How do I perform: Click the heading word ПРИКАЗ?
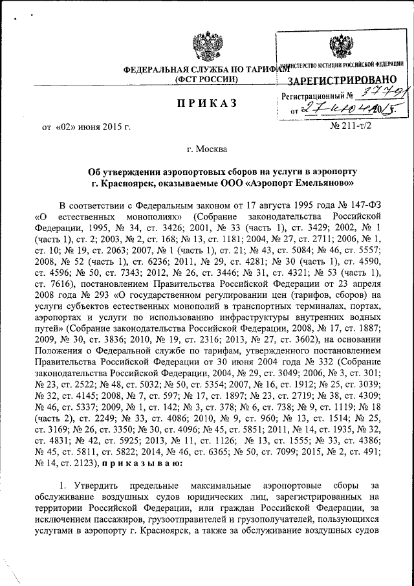click(x=207, y=104)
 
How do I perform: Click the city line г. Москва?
click(x=206, y=150)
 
